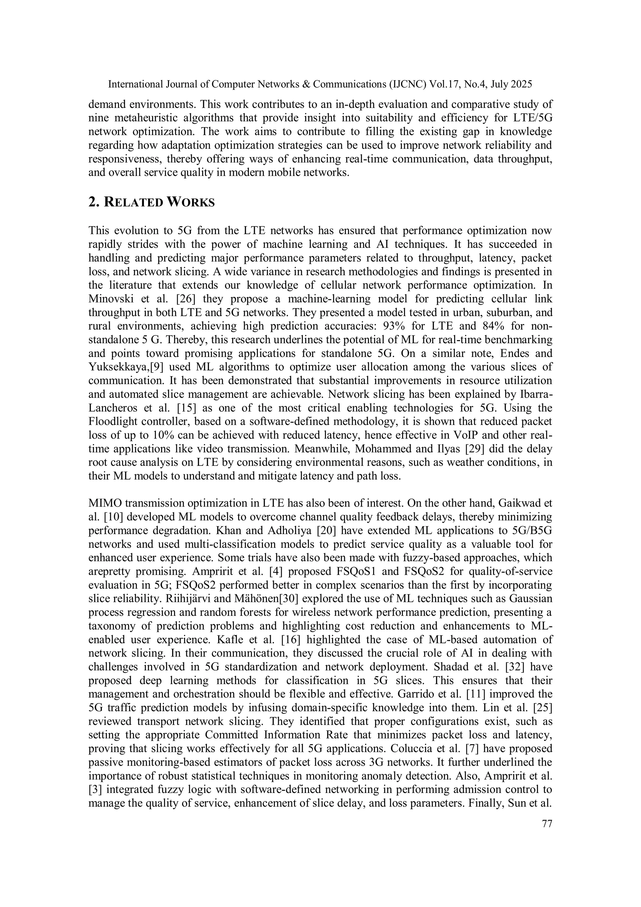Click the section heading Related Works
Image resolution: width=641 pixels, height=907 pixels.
coord(151,202)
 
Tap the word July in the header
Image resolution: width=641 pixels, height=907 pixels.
coord(500,84)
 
